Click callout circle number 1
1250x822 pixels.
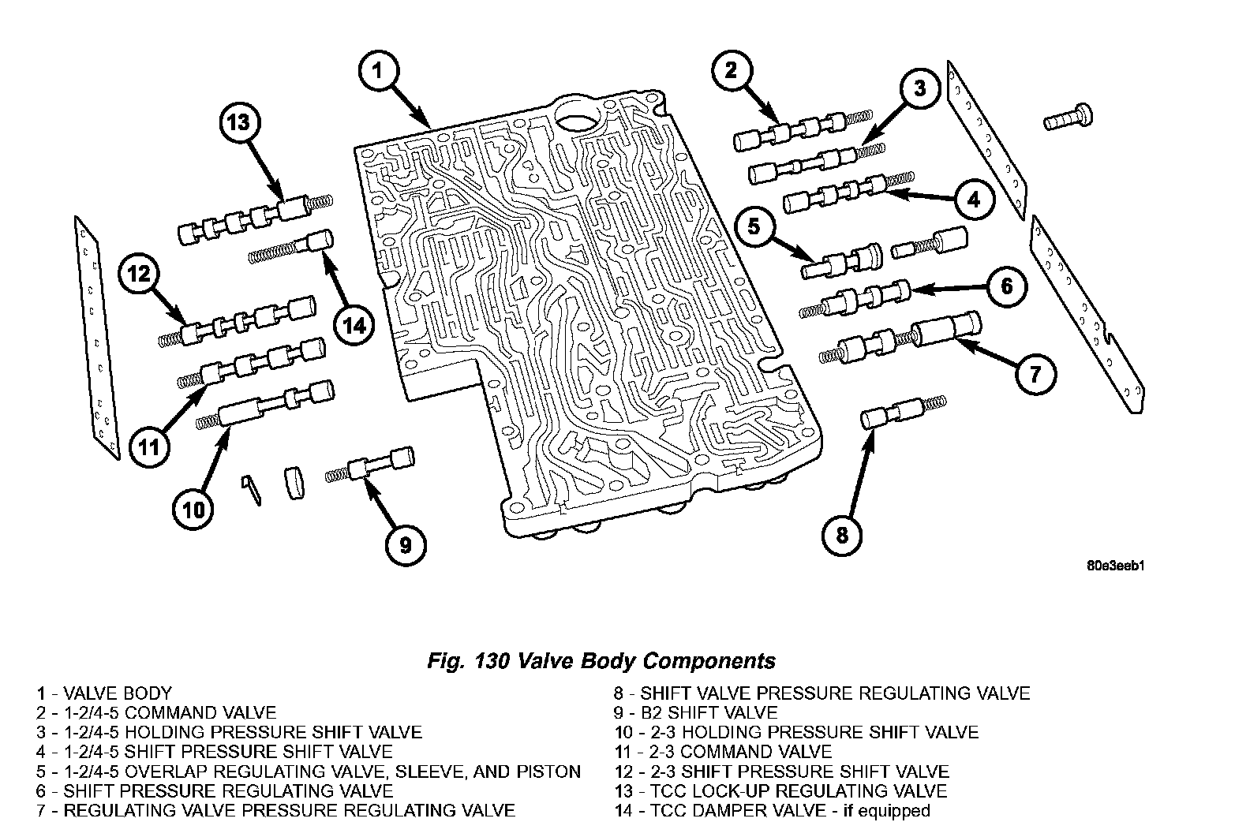coord(377,71)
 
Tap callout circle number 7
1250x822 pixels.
coord(1035,373)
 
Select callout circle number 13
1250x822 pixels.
coord(238,122)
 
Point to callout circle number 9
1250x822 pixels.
coord(405,545)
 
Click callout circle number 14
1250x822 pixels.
coord(354,323)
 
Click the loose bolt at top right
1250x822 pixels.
coord(1067,117)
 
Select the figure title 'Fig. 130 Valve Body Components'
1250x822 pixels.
coord(601,661)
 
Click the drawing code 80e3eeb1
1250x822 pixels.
coord(1115,566)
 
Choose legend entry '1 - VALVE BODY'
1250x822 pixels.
coord(103,694)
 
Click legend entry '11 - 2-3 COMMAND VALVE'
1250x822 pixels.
coord(723,752)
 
